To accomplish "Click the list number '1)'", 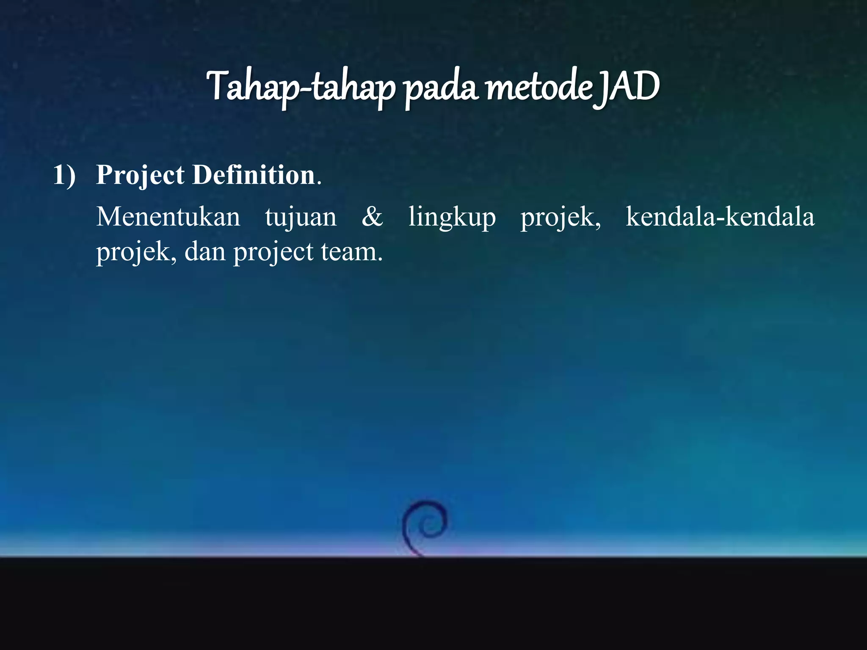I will coord(64,175).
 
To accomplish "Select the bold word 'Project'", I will coord(140,176).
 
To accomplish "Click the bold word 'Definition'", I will coord(254,175).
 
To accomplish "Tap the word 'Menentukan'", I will coord(168,218).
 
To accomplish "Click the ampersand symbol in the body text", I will coord(372,217).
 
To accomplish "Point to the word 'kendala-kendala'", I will coord(720,217).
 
